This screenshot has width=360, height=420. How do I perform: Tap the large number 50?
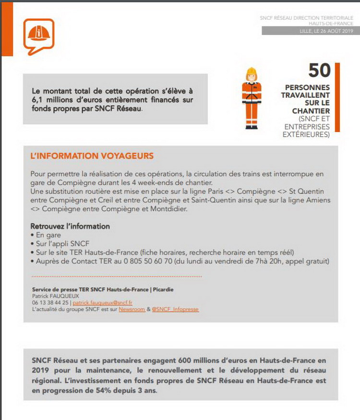coord(319,71)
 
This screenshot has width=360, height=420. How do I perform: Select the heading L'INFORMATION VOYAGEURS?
coord(92,156)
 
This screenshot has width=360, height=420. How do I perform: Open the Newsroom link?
coord(132,310)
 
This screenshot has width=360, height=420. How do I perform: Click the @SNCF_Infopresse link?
coord(175,310)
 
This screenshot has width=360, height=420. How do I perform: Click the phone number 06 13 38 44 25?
coord(50,303)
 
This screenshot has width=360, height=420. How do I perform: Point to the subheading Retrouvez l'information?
coord(70,226)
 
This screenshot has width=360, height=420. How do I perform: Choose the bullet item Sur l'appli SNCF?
coord(59,244)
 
